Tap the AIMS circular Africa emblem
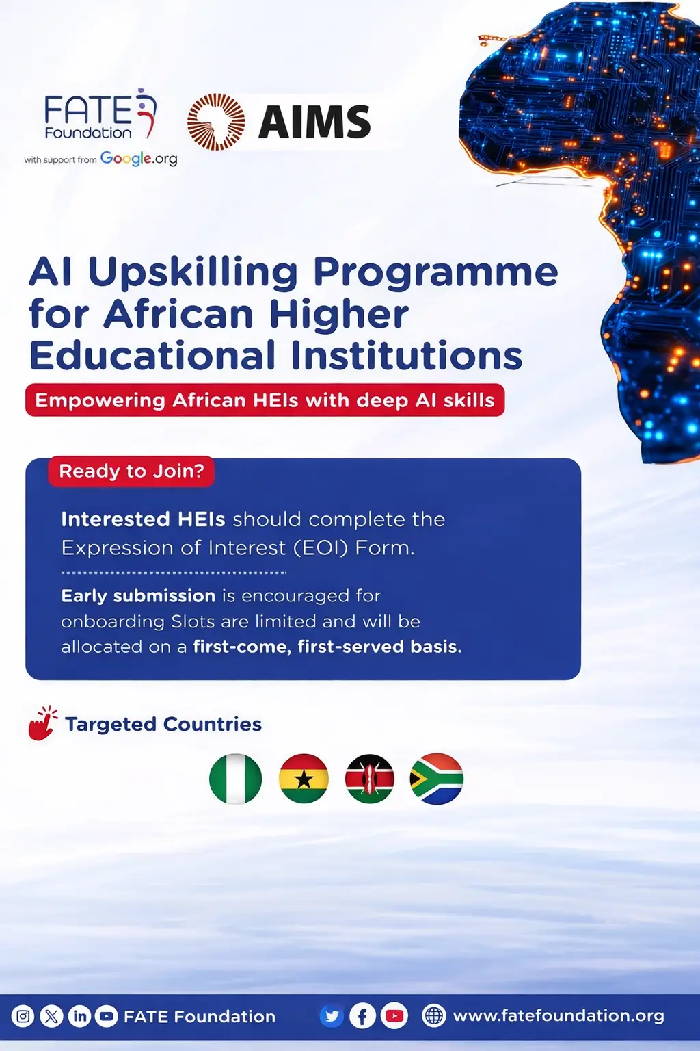(216, 122)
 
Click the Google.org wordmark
(139, 159)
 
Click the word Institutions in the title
(406, 356)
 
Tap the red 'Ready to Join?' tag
(131, 471)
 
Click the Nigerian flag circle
(235, 779)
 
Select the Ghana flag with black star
(304, 779)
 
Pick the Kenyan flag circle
(370, 779)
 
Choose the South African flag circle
(437, 779)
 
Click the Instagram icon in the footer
(23, 1016)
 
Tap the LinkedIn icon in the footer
(79, 1016)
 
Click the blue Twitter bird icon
(332, 1016)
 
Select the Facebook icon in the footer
(362, 1016)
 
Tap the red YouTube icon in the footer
(394, 1016)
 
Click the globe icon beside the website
(433, 1016)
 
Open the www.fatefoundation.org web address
(558, 1016)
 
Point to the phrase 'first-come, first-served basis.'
(327, 647)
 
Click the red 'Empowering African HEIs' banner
(265, 400)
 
